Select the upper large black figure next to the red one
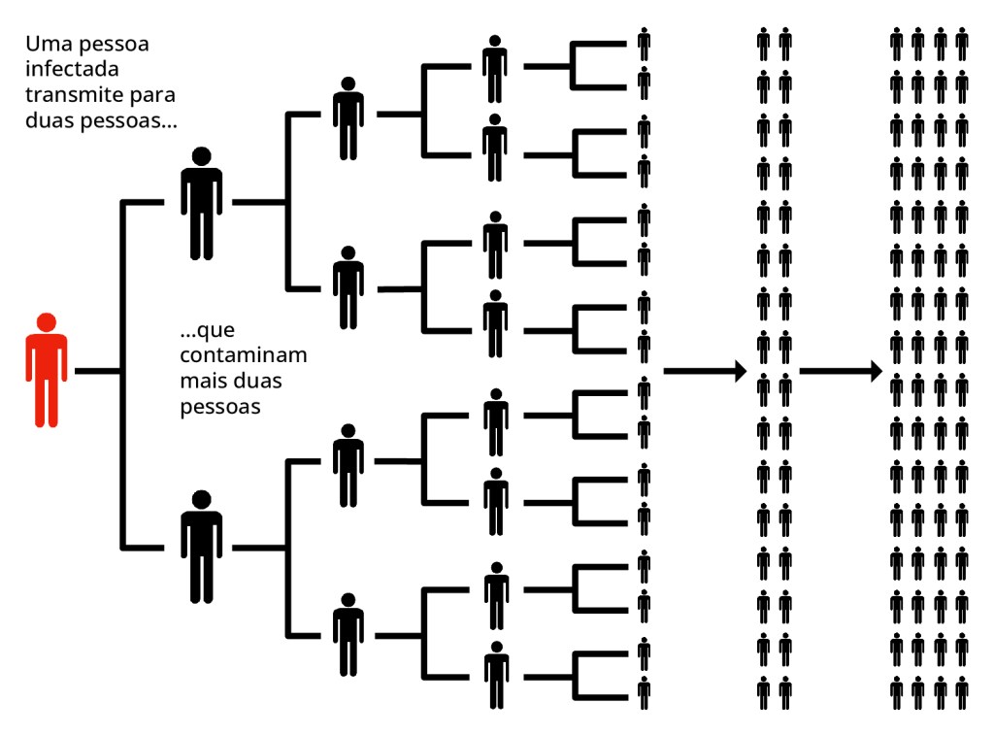201,207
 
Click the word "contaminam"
243,355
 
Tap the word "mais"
202,382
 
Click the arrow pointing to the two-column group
704,371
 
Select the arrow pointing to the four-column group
841,371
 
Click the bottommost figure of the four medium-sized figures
348,638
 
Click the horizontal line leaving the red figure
97,371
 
